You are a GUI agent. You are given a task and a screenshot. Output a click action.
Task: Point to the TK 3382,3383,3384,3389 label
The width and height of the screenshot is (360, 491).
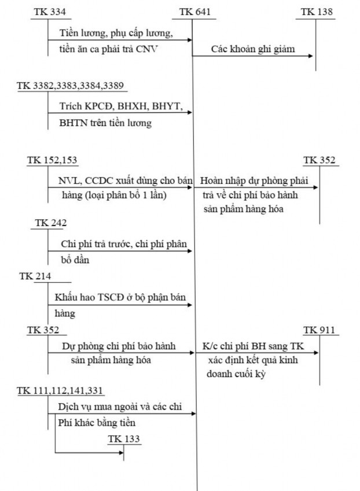coord(70,85)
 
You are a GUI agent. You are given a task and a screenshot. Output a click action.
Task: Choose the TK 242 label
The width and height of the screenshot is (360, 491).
coord(51,223)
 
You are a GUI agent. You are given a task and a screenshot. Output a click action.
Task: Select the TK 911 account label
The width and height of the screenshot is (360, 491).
coord(320,330)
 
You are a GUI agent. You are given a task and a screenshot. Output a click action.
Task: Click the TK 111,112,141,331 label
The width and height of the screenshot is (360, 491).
coord(61,392)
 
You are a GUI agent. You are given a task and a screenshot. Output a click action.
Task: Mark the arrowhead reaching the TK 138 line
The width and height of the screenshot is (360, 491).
coord(313,56)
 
